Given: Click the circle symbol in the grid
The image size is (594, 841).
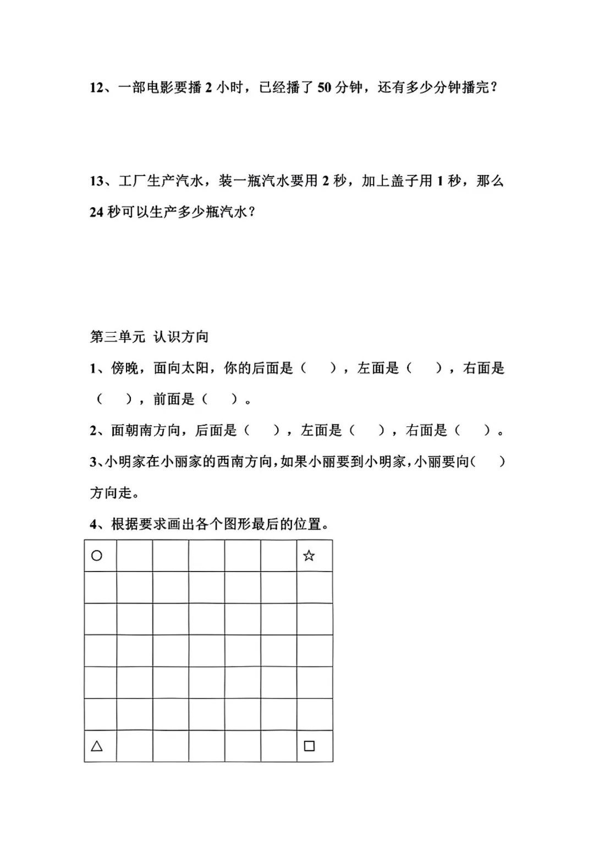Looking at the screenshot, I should point(97,556).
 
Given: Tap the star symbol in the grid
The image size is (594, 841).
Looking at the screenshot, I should point(309,556).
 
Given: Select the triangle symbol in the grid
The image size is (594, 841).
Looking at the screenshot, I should point(97,746).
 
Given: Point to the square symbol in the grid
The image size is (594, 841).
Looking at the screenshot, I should point(309,746).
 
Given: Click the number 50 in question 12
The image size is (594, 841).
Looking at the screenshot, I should point(324,87).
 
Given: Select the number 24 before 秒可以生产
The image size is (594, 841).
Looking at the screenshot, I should point(97,212).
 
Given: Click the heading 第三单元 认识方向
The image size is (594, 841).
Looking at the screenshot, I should point(149,337).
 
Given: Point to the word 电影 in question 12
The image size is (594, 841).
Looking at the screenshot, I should point(161,87).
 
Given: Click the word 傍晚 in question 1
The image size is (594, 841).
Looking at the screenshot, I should point(125,368).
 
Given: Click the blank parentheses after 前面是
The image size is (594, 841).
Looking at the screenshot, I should point(219,399).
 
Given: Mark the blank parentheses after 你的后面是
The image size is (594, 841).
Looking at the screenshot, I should point(318,368).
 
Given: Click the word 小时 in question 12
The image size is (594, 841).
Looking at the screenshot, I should point(230,87).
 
